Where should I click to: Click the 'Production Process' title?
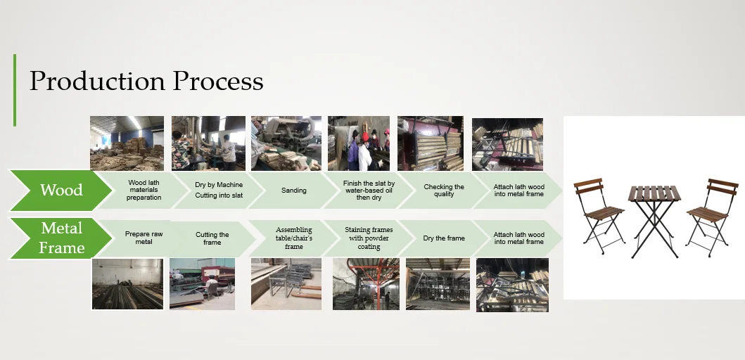(x=146, y=82)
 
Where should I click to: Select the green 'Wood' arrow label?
(x=61, y=190)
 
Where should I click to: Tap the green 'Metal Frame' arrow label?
(x=61, y=238)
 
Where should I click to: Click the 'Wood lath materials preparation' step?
(x=144, y=190)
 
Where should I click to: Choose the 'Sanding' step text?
(x=293, y=191)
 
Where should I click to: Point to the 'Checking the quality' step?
(x=444, y=191)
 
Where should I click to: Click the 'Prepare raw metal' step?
(x=144, y=238)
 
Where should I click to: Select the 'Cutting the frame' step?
(x=212, y=238)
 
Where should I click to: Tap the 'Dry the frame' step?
(x=444, y=238)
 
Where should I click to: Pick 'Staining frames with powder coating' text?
(x=369, y=238)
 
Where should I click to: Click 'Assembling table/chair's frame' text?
(x=293, y=238)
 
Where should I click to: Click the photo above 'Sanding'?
(x=286, y=143)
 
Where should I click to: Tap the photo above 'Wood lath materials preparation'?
(x=127, y=143)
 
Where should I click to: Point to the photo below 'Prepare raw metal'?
(x=127, y=284)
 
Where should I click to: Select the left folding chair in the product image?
(x=599, y=210)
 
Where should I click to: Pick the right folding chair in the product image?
(x=712, y=210)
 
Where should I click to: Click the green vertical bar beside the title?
(x=14, y=90)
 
